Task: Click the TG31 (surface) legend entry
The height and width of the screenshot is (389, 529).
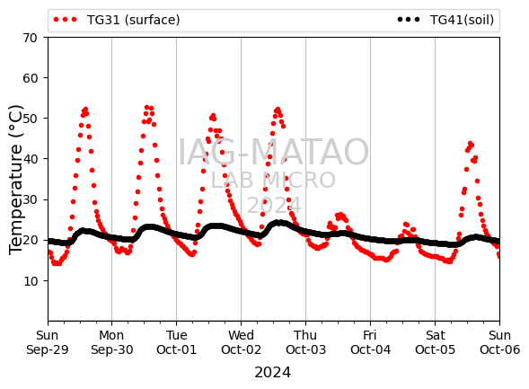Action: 117,20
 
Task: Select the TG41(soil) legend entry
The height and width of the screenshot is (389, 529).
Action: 445,20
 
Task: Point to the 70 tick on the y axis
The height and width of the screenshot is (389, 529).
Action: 30,38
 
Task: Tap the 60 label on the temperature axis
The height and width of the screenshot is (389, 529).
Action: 30,78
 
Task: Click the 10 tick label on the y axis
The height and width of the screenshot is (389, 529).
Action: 30,281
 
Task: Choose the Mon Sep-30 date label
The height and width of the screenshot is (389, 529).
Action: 111,342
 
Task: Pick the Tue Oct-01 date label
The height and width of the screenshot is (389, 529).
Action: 176,342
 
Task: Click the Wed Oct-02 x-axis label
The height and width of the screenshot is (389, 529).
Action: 241,342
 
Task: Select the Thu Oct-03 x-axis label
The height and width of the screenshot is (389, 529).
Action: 305,342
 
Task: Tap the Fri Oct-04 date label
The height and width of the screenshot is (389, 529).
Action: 370,342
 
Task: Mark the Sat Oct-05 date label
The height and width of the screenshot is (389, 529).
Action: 435,342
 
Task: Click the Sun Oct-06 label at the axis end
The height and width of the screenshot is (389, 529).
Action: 499,342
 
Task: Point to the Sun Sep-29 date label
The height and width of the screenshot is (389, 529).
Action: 48,342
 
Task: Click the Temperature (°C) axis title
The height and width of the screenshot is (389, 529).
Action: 16,180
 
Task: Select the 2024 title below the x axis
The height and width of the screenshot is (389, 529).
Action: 273,373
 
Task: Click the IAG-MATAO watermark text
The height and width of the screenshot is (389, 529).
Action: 273,152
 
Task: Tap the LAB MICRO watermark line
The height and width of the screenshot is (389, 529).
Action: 273,181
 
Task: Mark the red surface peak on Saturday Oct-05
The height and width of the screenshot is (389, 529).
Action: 470,144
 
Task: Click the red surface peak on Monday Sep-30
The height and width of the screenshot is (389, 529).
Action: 146,108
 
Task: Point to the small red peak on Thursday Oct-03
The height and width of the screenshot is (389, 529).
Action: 340,215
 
